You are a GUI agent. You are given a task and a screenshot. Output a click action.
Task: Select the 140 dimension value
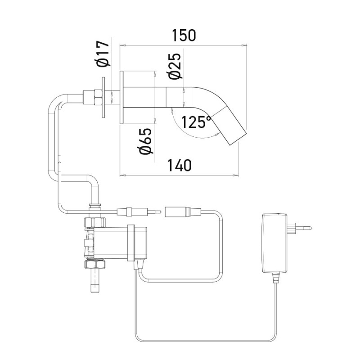pyautogui.click(x=179, y=165)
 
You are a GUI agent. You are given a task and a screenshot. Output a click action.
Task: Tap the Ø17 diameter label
pyautogui.click(x=103, y=54)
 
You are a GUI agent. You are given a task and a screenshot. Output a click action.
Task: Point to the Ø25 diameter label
pyautogui.click(x=175, y=66)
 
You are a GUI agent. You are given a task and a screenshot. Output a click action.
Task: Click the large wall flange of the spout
pyautogui.click(x=121, y=96)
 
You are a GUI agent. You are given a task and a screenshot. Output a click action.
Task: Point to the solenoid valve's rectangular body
pyautogui.click(x=110, y=243)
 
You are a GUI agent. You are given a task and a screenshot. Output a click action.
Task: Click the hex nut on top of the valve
pyautogui.click(x=94, y=221)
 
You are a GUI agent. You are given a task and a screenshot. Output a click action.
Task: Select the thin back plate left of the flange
pyautogui.click(x=104, y=97)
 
